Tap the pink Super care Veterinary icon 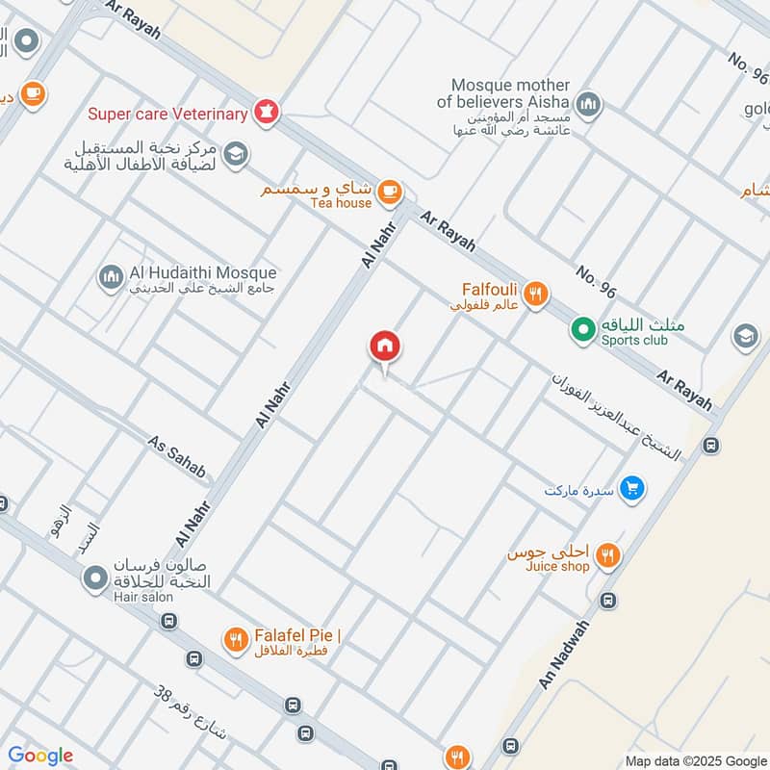[267, 114]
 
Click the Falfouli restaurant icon [536, 294]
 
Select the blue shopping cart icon [631, 489]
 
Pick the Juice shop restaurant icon [606, 554]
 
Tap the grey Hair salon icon [94, 578]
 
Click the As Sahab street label [177, 456]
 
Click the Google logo [40, 756]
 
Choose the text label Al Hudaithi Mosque [201, 273]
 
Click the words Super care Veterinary [167, 115]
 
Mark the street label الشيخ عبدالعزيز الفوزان [616, 416]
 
